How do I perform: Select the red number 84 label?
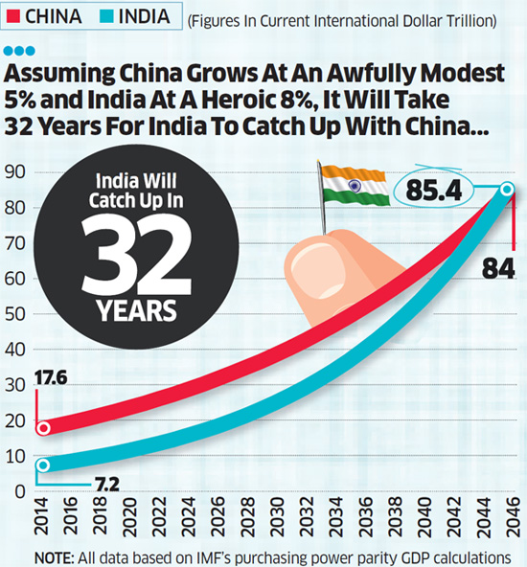tap(498, 269)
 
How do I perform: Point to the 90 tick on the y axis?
tap(14, 172)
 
